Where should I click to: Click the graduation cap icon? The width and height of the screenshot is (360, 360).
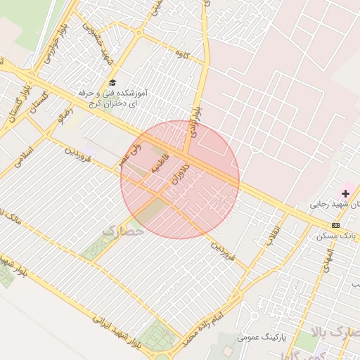point(112,83)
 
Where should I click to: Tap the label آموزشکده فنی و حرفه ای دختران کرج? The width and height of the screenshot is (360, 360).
point(116,98)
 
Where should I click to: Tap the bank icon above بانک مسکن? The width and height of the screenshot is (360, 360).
point(335,225)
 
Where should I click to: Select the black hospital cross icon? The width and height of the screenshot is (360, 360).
point(345,192)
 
